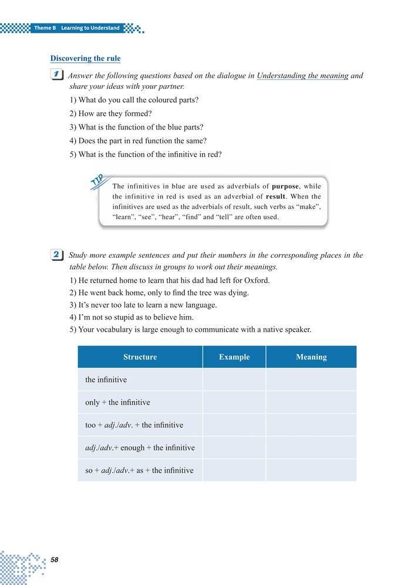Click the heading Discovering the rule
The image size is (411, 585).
click(86, 58)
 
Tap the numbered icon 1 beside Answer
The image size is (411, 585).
click(57, 75)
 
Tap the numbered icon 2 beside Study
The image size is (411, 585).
click(57, 255)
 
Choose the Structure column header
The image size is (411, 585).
click(140, 357)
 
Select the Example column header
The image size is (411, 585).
click(234, 357)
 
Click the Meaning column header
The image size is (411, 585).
click(311, 357)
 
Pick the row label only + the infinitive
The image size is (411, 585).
click(117, 402)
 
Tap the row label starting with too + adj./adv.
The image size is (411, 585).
click(134, 425)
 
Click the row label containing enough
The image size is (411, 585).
click(140, 448)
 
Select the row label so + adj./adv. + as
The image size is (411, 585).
click(139, 470)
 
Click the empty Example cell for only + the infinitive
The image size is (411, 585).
click(234, 402)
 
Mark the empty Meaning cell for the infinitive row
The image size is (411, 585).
click(311, 379)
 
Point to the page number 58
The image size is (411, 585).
click(55, 559)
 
